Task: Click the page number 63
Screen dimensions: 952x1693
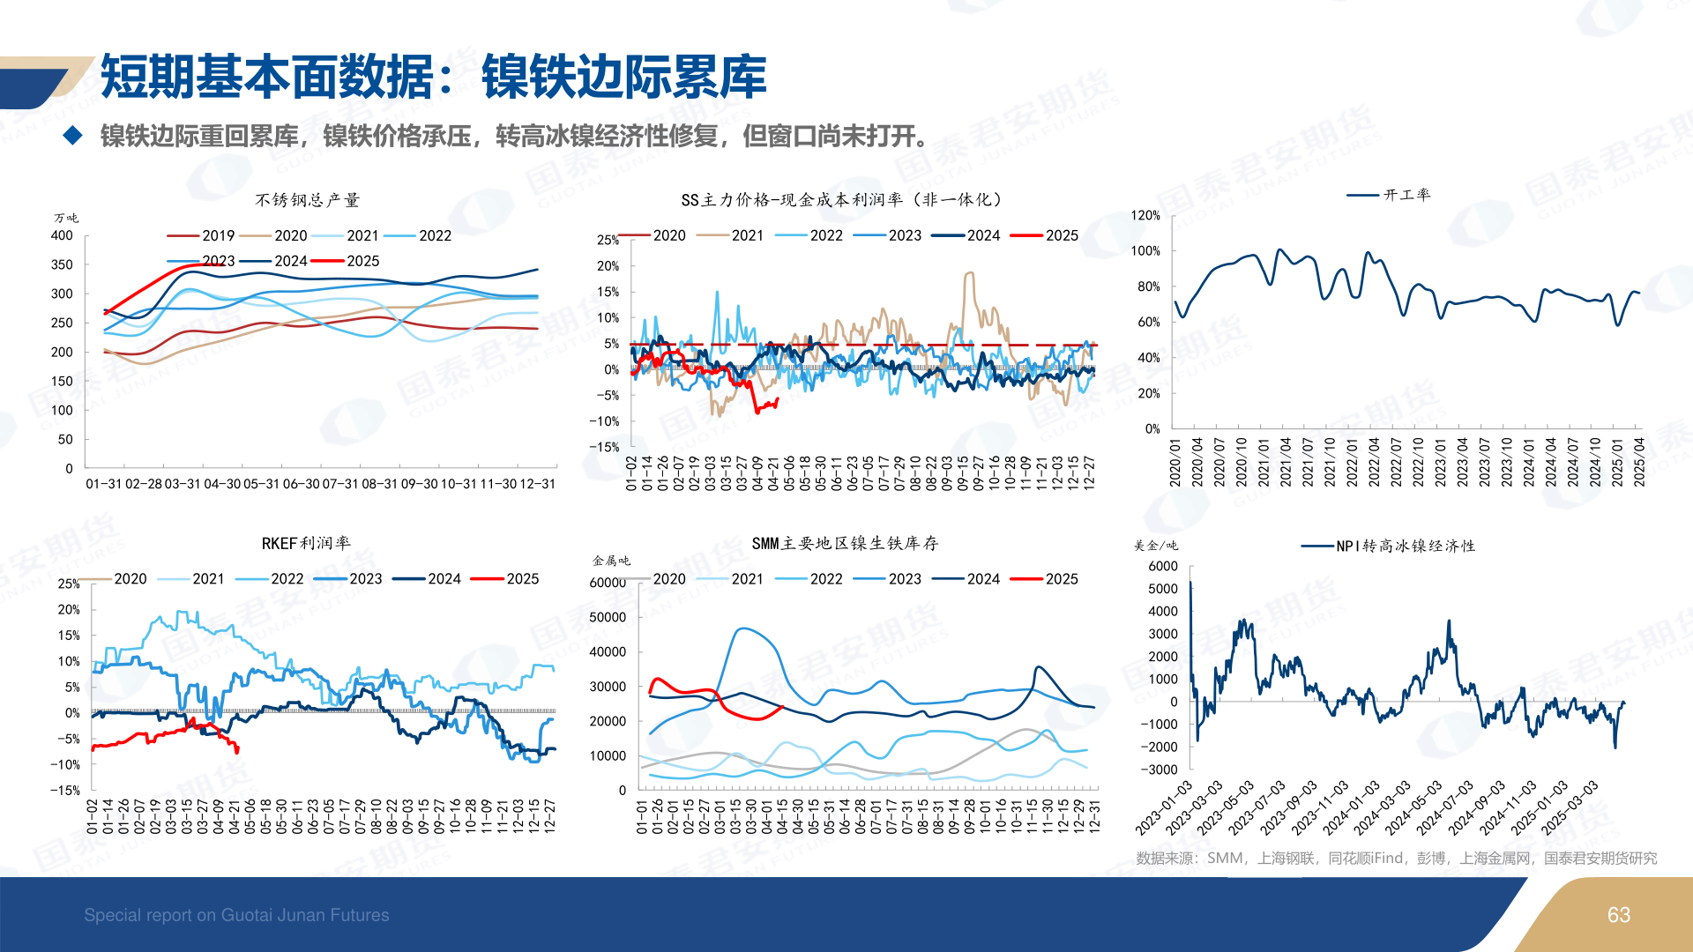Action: click(1618, 915)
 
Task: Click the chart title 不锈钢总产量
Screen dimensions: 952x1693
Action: click(307, 200)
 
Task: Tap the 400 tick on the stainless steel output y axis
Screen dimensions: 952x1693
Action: click(62, 235)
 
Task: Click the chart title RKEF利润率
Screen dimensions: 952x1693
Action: click(305, 543)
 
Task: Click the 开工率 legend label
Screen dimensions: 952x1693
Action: click(1406, 195)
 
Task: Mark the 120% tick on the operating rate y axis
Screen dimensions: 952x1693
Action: click(1145, 215)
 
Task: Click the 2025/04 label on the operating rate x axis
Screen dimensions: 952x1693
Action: click(1639, 461)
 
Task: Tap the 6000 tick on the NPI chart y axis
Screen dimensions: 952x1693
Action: click(1163, 566)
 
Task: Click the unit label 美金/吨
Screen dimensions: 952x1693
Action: click(1155, 546)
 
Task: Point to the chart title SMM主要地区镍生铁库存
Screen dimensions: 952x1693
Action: click(845, 543)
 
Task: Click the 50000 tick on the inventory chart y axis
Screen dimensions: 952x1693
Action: click(608, 617)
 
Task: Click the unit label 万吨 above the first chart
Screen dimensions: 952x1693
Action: click(66, 218)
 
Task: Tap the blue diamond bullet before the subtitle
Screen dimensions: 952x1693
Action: click(72, 135)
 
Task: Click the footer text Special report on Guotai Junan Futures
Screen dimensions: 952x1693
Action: click(236, 915)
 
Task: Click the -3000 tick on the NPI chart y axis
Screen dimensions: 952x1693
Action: click(1159, 770)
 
